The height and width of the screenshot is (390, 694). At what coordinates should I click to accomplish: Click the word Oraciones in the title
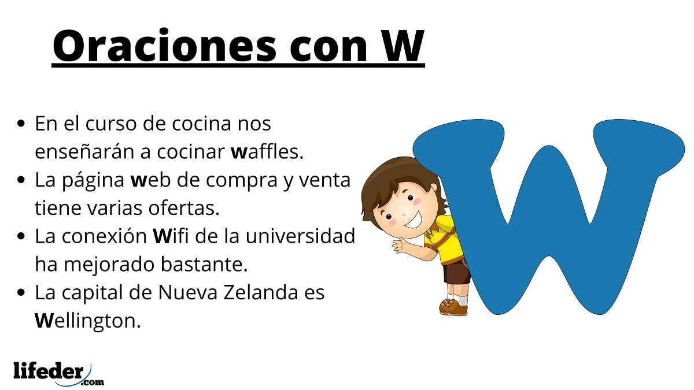[x=164, y=46]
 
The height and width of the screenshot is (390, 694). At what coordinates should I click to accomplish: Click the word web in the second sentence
[x=150, y=180]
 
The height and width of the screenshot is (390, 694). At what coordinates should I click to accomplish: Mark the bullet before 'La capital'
[x=21, y=292]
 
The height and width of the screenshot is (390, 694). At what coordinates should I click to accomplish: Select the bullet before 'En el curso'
[x=21, y=124]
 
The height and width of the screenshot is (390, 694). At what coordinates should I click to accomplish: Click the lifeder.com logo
[x=58, y=374]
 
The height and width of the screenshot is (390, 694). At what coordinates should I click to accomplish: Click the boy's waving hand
[x=400, y=246]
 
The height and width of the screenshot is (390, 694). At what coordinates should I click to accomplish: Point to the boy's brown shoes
[x=453, y=307]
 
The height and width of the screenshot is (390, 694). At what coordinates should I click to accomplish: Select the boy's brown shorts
[x=457, y=271]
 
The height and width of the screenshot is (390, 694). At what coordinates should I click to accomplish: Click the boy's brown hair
[x=400, y=180]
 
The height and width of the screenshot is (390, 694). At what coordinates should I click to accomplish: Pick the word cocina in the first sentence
[x=202, y=124]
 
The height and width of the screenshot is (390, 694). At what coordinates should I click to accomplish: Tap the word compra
[x=241, y=181]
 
